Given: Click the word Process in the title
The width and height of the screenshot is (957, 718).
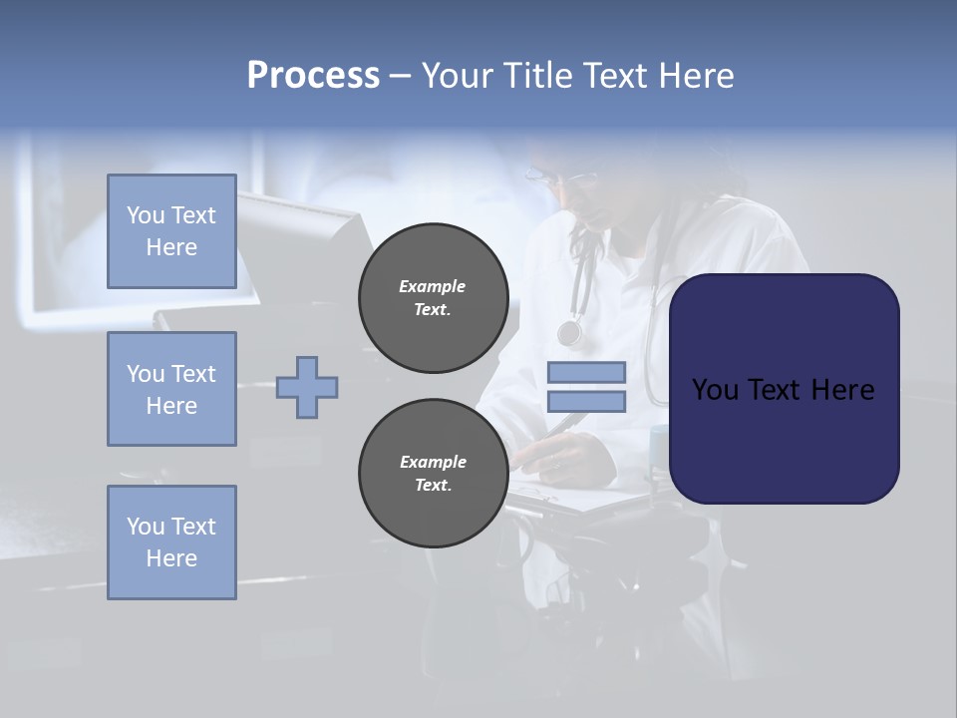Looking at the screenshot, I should coord(313,75).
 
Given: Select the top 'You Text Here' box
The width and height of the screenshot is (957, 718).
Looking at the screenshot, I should coord(171,231).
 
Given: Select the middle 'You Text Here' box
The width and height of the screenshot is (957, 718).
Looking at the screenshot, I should coord(171,389).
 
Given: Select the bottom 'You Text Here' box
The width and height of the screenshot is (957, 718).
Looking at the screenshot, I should coord(171,542).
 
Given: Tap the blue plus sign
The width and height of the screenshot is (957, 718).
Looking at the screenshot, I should coord(307,387).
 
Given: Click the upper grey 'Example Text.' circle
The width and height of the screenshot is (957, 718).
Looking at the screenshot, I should coord(433,297).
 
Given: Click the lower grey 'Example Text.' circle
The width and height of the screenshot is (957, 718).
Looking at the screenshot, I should coord(433,473).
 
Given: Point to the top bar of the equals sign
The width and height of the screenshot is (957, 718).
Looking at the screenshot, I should coord(586,373).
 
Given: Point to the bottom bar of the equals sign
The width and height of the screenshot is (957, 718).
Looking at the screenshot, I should coord(586,401).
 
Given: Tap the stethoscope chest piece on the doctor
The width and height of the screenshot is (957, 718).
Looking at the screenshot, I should coord(569,332).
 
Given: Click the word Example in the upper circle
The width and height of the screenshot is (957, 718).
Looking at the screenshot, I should coord(433,286).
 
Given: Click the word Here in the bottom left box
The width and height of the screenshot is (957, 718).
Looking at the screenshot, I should coord(171,558).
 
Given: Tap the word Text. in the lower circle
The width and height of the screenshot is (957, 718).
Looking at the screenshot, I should coord(433,485).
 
